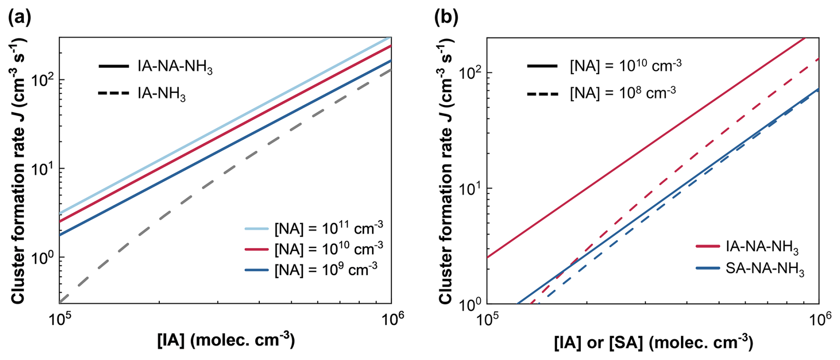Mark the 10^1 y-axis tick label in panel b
point(470,188)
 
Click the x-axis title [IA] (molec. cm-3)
point(226,340)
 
